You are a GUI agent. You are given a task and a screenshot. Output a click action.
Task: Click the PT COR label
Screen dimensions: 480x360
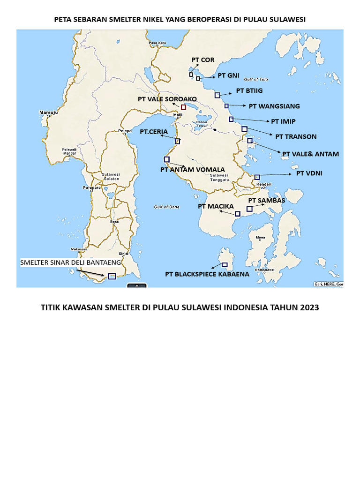(x=202, y=60)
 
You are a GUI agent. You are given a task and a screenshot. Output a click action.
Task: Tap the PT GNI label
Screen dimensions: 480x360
(x=228, y=75)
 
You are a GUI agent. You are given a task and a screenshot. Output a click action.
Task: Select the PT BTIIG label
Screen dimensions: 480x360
(x=249, y=90)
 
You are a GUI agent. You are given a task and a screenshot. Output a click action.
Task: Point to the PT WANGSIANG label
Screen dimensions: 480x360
(x=274, y=106)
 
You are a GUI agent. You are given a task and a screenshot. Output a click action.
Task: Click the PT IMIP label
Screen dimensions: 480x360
(x=283, y=121)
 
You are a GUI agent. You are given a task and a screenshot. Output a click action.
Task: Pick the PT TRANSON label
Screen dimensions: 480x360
(x=296, y=137)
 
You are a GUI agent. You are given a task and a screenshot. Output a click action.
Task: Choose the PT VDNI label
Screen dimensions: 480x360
(x=309, y=173)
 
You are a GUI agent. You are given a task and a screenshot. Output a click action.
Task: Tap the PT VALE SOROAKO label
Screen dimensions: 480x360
(x=167, y=99)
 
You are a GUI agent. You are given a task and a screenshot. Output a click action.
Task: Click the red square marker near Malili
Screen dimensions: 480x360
(x=183, y=107)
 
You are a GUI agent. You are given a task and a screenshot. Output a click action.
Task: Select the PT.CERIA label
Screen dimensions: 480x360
(x=153, y=132)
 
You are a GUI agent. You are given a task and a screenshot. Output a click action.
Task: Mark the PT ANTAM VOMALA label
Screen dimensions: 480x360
(x=192, y=170)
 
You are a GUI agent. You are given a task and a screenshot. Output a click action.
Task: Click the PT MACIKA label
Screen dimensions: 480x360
(x=216, y=206)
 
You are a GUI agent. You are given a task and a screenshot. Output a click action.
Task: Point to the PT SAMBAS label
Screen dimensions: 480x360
(x=266, y=201)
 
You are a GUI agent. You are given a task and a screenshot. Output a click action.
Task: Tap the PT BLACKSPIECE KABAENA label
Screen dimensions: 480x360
(x=207, y=274)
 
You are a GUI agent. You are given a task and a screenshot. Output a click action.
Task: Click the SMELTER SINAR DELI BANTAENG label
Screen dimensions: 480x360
(x=70, y=262)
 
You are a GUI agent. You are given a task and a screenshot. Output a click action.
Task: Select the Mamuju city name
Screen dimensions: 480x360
(x=47, y=113)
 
